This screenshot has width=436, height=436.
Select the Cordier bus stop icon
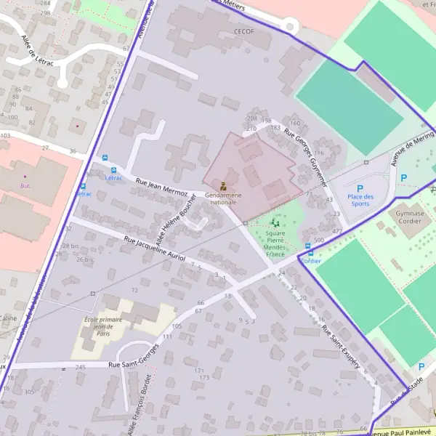(x=310, y=253)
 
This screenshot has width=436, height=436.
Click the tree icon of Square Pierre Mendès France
(x=274, y=223)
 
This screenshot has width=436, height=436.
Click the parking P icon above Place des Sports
(x=359, y=187)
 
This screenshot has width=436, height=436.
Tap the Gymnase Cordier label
(x=411, y=219)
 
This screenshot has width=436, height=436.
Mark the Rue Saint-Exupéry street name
(x=340, y=349)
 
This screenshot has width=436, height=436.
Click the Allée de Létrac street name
(x=36, y=51)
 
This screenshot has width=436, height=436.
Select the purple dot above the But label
(x=24, y=176)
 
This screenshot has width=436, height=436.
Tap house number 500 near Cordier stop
(x=318, y=240)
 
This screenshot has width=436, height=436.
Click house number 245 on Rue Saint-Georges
(x=80, y=367)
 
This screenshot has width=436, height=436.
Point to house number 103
(x=6, y=135)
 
